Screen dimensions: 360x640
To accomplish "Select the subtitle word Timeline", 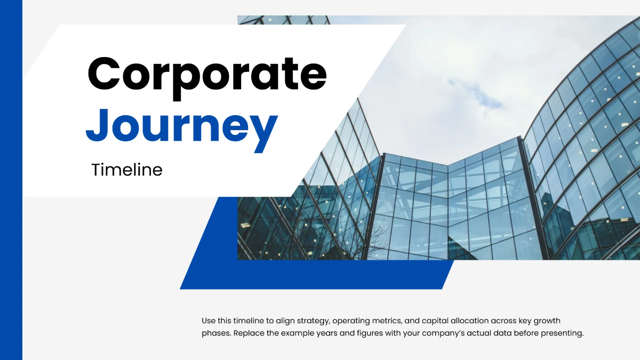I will tap(126, 170).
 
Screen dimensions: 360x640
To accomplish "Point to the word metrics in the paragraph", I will tap(389, 321).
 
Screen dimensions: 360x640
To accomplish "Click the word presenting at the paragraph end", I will tap(564, 334).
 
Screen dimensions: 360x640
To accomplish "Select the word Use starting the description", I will tap(209, 321).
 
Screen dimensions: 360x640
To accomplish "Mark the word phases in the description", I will tap(214, 334).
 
